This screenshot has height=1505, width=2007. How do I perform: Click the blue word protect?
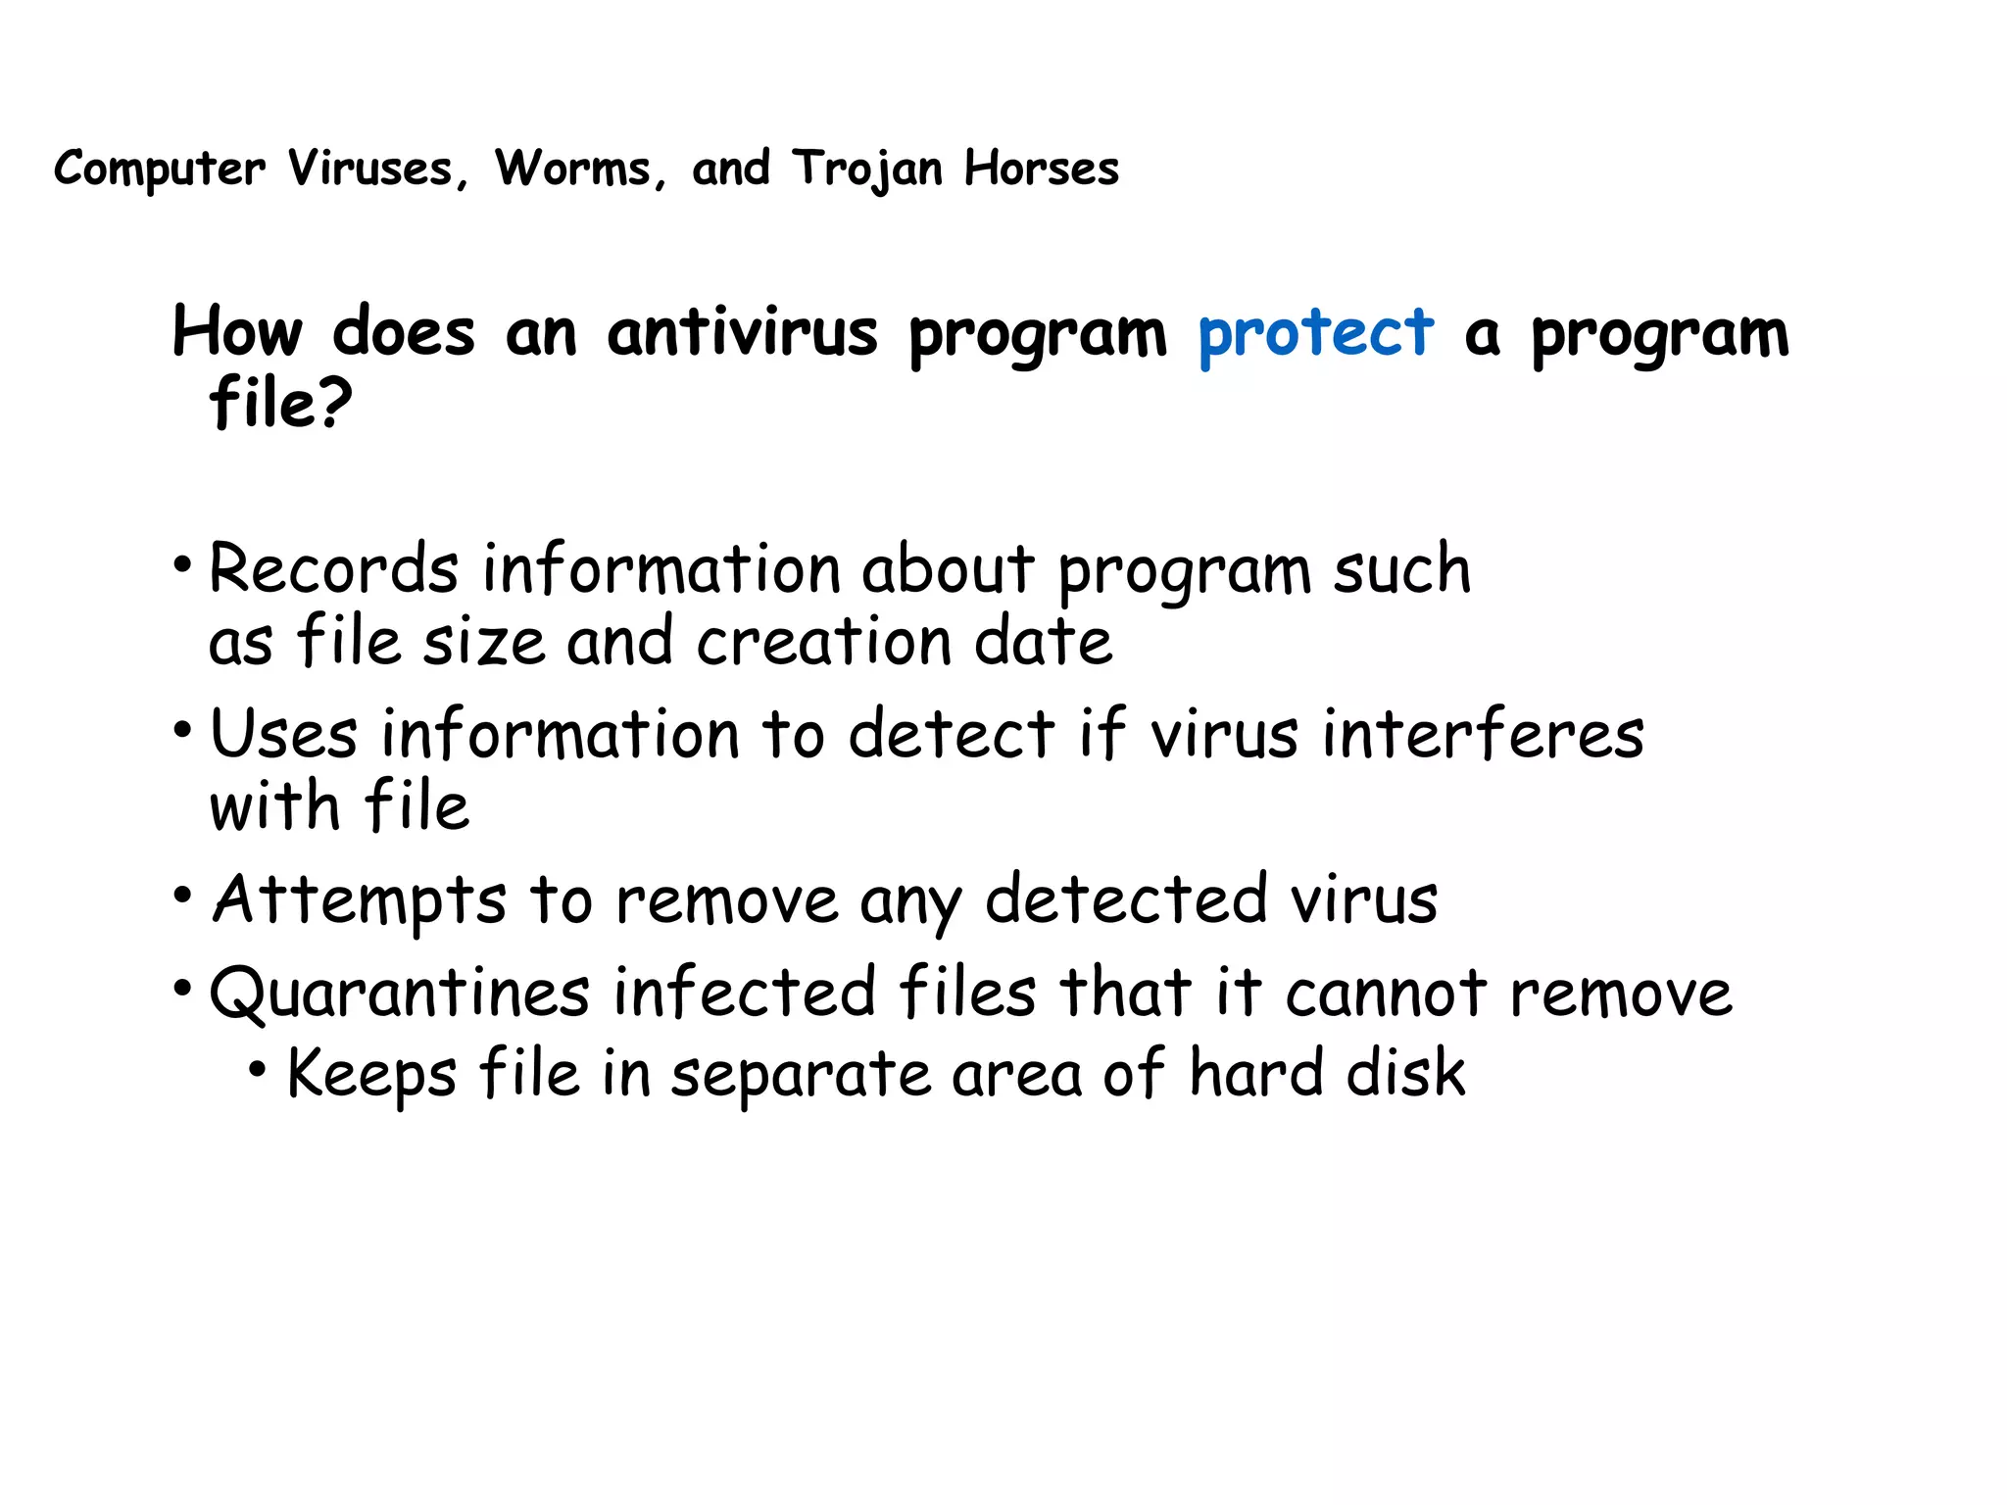tap(1315, 333)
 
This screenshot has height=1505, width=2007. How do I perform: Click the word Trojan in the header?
tap(868, 169)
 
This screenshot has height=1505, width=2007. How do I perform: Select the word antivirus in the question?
tap(742, 333)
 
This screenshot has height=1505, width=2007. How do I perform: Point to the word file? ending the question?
tap(280, 403)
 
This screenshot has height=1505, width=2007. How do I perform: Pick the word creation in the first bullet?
tap(823, 642)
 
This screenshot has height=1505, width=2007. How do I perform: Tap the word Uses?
tap(283, 734)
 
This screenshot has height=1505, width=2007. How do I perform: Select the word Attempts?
tap(360, 899)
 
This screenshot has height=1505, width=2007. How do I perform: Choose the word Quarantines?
tap(399, 993)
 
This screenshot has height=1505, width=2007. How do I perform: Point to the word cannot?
tap(1386, 993)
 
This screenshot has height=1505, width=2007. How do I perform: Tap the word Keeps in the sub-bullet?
tap(371, 1073)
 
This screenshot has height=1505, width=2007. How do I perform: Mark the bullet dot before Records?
tap(182, 565)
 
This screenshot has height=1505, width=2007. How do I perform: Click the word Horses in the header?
tap(1041, 169)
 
